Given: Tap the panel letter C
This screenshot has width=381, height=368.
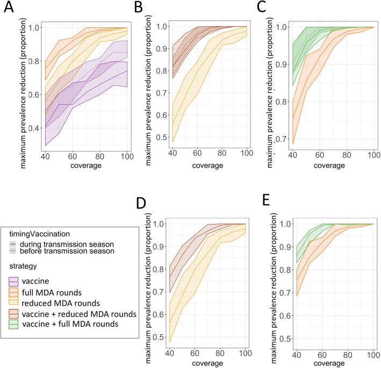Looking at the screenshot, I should [264, 8].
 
